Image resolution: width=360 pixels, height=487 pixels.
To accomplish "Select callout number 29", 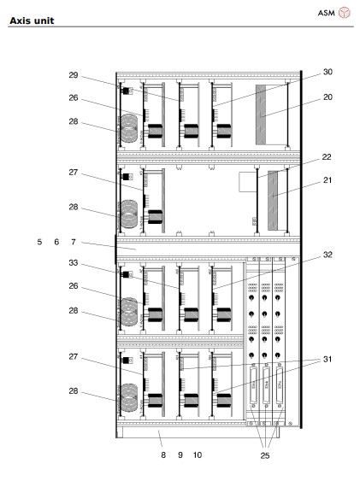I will (74, 75).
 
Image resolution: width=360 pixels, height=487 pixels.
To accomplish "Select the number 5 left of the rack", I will (39, 242).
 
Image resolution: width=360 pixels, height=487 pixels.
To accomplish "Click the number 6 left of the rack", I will (56, 242).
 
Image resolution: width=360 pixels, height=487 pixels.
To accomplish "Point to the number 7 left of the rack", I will (74, 242).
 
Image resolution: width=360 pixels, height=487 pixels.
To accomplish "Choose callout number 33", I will (74, 263).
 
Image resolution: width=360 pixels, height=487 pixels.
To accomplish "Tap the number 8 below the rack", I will (162, 455).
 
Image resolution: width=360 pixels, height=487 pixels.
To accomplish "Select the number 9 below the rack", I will (180, 455).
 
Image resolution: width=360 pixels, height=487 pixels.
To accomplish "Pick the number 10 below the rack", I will (198, 455).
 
